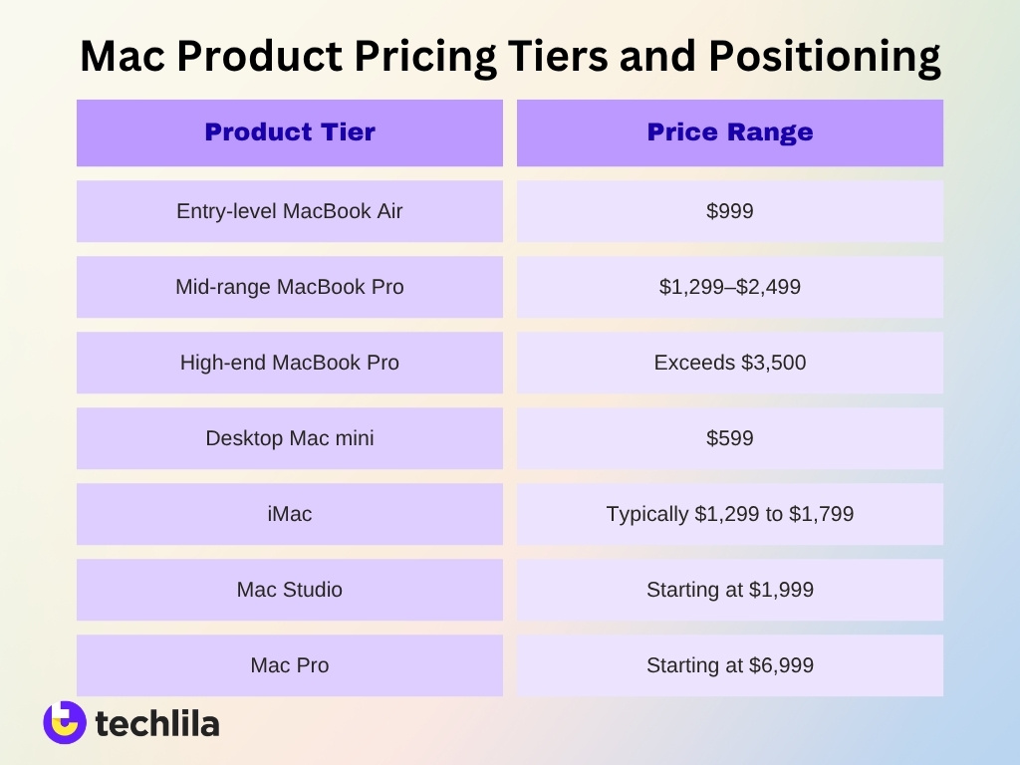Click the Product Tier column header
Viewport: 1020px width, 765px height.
[x=290, y=132]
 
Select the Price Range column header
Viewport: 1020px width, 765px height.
[x=730, y=132]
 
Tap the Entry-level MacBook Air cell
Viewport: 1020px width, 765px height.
[x=290, y=211]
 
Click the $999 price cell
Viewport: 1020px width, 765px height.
[x=730, y=211]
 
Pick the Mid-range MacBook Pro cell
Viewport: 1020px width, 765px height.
[x=290, y=287]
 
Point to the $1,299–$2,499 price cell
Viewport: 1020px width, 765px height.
[x=730, y=287]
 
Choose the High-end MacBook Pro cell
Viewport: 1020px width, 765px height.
[x=290, y=363]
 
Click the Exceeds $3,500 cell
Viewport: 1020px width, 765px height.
[x=730, y=363]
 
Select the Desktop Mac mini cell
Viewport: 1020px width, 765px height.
[x=290, y=438]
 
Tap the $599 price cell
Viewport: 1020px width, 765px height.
[x=730, y=438]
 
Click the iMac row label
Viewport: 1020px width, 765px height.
[x=290, y=514]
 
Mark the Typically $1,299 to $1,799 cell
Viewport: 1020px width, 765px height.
[x=730, y=514]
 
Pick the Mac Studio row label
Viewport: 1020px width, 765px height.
[x=290, y=590]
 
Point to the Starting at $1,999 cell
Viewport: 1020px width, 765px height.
[x=730, y=590]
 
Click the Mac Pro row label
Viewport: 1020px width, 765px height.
[x=290, y=665]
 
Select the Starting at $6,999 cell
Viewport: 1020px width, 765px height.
[x=730, y=665]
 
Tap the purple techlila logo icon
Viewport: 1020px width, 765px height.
[x=65, y=722]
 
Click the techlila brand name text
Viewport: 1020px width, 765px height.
[x=156, y=724]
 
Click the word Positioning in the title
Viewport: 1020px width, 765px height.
[x=825, y=58]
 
